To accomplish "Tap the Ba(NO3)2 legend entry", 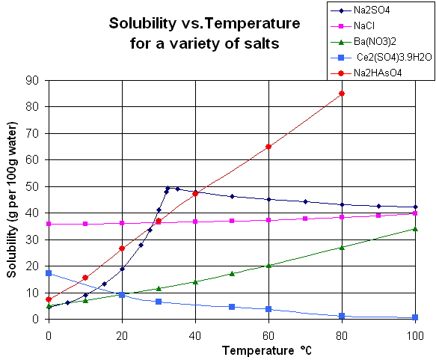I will pyautogui.click(x=374, y=41).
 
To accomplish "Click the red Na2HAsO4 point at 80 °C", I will pyautogui.click(x=342, y=94).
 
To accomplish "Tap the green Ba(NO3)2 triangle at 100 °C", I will pyautogui.click(x=415, y=229).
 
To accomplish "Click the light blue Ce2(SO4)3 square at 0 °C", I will pyautogui.click(x=49, y=273).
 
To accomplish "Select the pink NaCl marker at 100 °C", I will pyautogui.click(x=415, y=213).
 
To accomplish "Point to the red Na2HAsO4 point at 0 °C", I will pyautogui.click(x=49, y=299).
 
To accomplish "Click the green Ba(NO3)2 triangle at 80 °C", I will pyautogui.click(x=342, y=247).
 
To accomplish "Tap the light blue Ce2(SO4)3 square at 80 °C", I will pyautogui.click(x=342, y=316).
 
